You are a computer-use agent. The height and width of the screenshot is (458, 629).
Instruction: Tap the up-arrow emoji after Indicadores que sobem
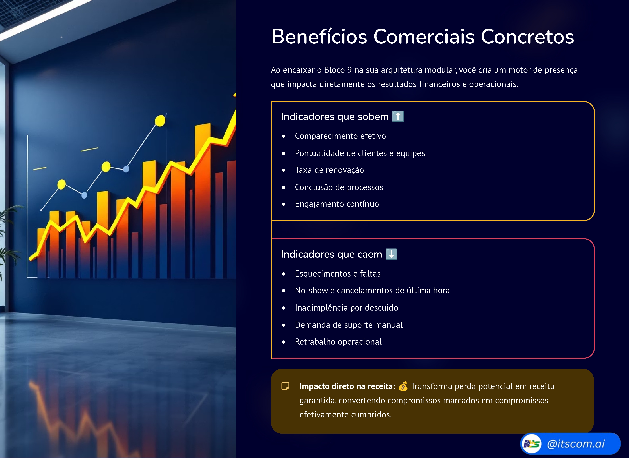[398, 116]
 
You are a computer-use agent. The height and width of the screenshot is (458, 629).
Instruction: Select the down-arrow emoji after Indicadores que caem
[391, 254]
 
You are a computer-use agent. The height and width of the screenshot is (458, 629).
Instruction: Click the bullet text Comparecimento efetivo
[340, 136]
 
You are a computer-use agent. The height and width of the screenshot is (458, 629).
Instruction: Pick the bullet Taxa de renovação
[329, 170]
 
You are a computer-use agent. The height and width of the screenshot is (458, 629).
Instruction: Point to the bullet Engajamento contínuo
[337, 204]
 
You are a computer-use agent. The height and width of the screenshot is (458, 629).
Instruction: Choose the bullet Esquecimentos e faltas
[338, 274]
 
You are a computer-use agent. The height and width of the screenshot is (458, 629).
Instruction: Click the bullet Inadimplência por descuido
[346, 308]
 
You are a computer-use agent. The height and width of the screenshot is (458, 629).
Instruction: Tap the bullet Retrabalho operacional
[338, 342]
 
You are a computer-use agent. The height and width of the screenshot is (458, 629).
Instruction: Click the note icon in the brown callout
[285, 386]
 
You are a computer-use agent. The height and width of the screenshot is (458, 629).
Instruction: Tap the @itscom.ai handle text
[576, 444]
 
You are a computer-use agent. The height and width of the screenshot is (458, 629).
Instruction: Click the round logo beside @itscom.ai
[531, 444]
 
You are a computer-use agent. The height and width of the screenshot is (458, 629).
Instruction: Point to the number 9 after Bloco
[349, 70]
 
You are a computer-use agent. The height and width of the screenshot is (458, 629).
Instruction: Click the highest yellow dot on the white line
[160, 121]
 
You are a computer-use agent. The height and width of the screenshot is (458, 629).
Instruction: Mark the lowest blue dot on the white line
[84, 195]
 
